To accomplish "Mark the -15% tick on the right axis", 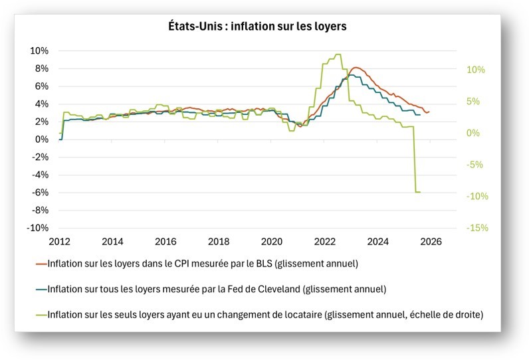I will tap(477, 228).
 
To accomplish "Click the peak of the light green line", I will tap(338, 54).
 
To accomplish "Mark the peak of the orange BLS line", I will tap(356, 67).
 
